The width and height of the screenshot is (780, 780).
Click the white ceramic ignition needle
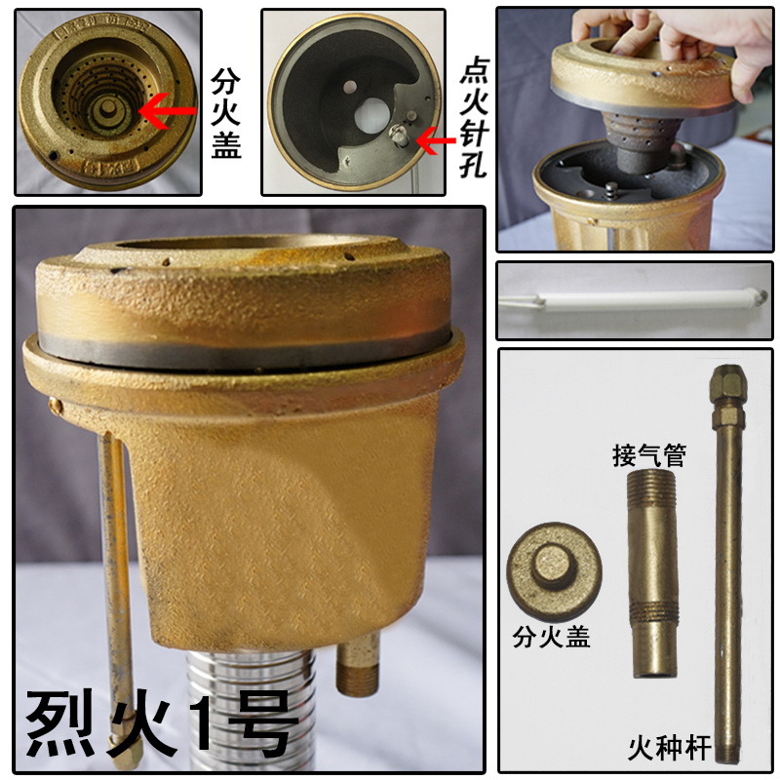point(634,299)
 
